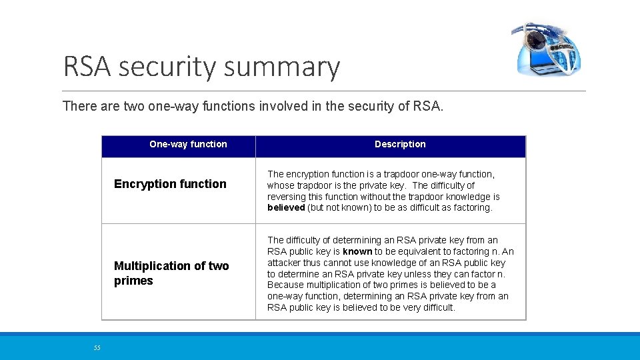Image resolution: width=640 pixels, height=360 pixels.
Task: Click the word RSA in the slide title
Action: [85, 67]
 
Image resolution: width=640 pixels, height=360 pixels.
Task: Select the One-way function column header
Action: [188, 144]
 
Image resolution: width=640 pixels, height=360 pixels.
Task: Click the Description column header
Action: [400, 144]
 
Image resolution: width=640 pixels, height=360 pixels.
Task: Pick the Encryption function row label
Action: [170, 184]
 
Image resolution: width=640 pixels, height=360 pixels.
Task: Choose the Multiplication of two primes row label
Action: [171, 273]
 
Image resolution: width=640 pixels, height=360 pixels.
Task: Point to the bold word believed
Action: [286, 207]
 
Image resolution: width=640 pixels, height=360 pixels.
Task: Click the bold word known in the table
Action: [357, 251]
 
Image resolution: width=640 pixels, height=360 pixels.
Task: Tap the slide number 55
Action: [97, 347]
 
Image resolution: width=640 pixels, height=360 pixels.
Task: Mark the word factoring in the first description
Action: [471, 207]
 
